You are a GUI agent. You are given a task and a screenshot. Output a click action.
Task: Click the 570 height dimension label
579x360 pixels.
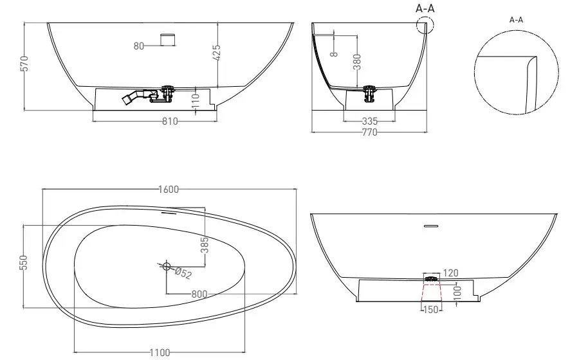tap(24, 64)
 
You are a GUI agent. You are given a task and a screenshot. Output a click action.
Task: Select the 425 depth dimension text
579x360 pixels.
tap(217, 52)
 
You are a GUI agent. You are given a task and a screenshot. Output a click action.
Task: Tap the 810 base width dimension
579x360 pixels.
tap(170, 121)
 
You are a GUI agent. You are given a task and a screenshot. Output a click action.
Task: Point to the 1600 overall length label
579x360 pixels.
tap(169, 189)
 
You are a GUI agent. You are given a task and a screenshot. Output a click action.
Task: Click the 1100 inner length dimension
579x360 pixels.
tap(160, 353)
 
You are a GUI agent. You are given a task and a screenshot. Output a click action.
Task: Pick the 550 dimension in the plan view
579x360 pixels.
tap(23, 262)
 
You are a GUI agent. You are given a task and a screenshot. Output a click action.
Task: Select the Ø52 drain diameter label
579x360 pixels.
tap(183, 273)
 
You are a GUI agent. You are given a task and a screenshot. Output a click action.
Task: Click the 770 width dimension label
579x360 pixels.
tap(369, 132)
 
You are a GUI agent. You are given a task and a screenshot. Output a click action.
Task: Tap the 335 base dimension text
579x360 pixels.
tap(370, 121)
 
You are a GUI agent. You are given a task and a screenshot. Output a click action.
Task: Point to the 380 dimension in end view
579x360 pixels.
tap(356, 62)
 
